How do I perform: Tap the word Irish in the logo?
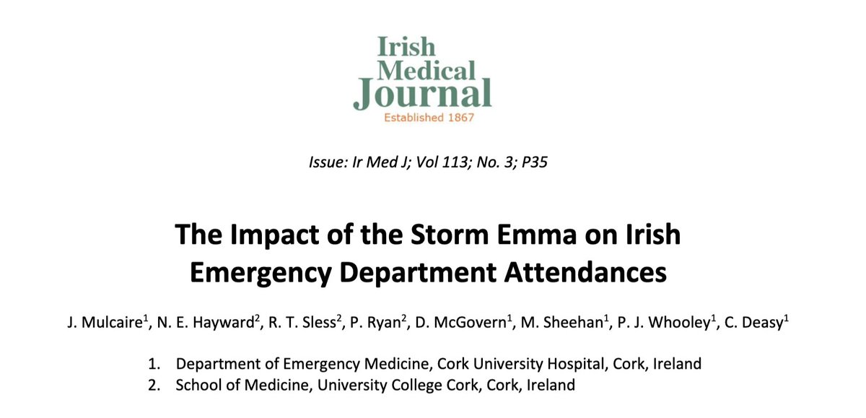[406, 47]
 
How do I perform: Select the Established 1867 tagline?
[424, 118]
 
